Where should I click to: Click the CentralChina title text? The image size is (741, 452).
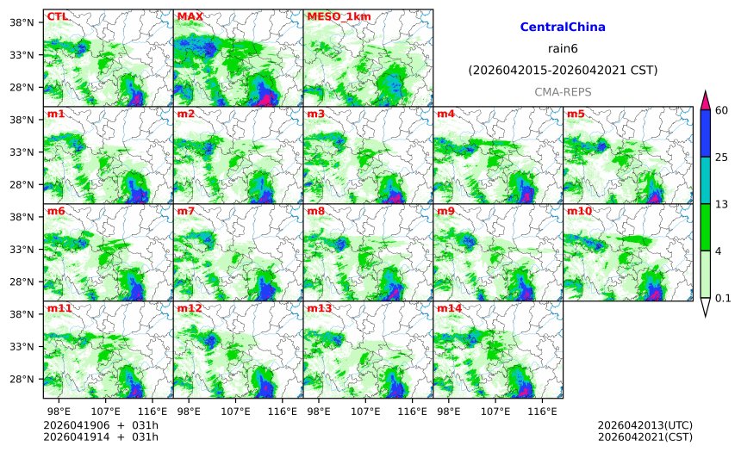pyautogui.click(x=563, y=28)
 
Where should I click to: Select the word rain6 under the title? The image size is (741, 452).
pyautogui.click(x=563, y=49)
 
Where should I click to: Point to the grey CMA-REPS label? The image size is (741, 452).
pyautogui.click(x=563, y=91)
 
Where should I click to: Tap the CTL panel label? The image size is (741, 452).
pyautogui.click(x=57, y=16)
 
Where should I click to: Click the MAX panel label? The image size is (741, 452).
pyautogui.click(x=190, y=16)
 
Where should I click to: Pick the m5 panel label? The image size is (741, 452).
pyautogui.click(x=576, y=114)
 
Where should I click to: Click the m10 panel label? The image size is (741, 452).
pyautogui.click(x=579, y=211)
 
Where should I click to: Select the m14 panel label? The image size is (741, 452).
pyautogui.click(x=449, y=308)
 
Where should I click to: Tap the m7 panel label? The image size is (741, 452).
pyautogui.click(x=187, y=211)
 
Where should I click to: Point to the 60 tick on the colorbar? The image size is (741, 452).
pyautogui.click(x=722, y=109)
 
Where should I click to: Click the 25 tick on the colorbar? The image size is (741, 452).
pyautogui.click(x=722, y=157)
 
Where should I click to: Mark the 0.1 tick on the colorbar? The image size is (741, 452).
pyautogui.click(x=724, y=298)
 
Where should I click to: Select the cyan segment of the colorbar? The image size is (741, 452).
pyautogui.click(x=705, y=179)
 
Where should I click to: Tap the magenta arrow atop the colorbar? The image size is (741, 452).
pyautogui.click(x=705, y=100)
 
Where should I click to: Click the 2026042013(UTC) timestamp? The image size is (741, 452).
pyautogui.click(x=644, y=425)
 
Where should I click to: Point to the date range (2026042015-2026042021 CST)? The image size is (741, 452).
pyautogui.click(x=563, y=70)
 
